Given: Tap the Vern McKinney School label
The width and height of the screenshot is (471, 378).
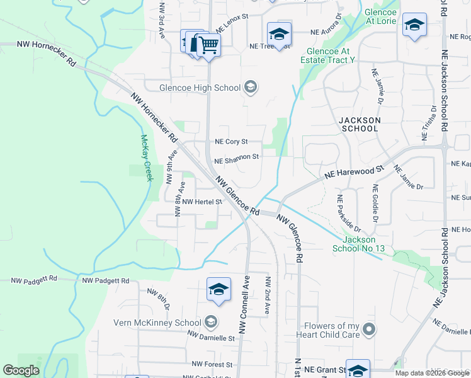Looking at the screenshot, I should pos(157,323).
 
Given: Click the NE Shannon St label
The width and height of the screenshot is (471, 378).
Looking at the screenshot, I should pos(237,157).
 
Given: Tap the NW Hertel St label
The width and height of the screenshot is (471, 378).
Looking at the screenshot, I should pos(202,202).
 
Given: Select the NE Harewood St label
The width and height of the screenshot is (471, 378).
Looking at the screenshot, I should pos(354,172).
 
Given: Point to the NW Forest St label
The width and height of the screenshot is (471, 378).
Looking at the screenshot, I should pos(212,364).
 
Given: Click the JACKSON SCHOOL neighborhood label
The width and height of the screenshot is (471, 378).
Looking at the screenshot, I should pos(358,124).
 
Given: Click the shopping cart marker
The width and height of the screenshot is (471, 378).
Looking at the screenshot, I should pos(208,45).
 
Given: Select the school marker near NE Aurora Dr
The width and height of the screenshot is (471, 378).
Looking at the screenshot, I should pos(279,33).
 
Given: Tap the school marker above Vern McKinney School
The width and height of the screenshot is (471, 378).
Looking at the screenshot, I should pos(218,289).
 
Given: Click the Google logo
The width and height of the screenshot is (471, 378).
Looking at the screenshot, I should pos(21,370).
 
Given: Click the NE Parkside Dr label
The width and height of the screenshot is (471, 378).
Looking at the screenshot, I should pos(348,212).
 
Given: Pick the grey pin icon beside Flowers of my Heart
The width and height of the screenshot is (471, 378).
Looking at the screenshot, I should pos(370,329).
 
